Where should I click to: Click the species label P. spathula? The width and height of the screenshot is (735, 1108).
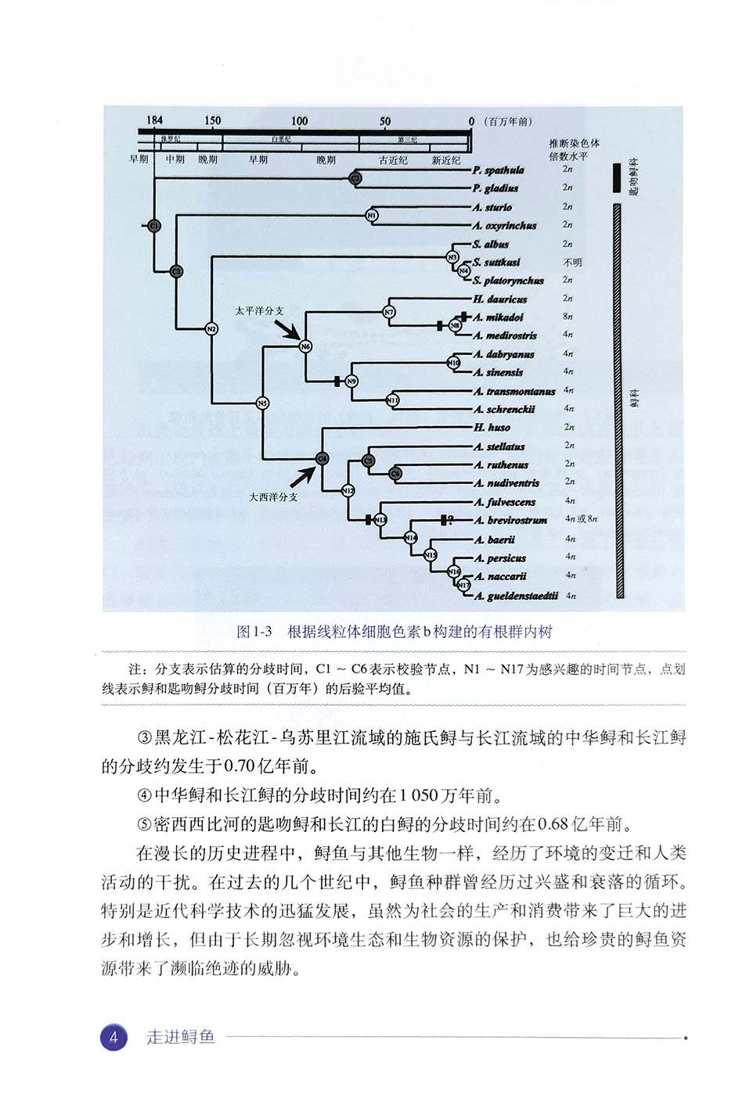[x=498, y=170]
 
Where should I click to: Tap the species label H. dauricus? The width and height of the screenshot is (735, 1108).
[x=499, y=299]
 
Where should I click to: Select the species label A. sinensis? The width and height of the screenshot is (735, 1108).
[x=498, y=372]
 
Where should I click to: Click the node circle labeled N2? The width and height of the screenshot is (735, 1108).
[x=211, y=329]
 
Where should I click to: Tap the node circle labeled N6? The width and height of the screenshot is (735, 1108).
[x=305, y=346]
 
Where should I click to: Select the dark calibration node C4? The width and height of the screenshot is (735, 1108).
[x=322, y=458]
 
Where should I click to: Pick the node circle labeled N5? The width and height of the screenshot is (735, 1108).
[x=262, y=403]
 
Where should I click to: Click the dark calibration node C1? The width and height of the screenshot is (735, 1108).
[x=154, y=226]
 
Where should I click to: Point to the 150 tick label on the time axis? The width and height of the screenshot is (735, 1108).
[x=212, y=121]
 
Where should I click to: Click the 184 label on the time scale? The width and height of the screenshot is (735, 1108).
[x=154, y=120]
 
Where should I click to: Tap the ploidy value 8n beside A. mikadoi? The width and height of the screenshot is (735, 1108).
[x=568, y=317]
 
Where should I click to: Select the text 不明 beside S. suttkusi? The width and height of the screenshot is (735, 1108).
[x=572, y=263]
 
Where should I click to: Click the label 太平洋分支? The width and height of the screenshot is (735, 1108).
[x=259, y=310]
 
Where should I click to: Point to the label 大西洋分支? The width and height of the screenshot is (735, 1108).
[x=273, y=497]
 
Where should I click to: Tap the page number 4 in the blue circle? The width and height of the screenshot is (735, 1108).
[x=114, y=1038]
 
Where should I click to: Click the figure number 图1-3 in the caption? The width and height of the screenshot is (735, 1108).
[x=254, y=631]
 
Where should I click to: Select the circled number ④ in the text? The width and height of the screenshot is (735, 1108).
[x=143, y=796]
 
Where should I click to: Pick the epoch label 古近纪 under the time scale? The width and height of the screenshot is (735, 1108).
[x=393, y=160]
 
